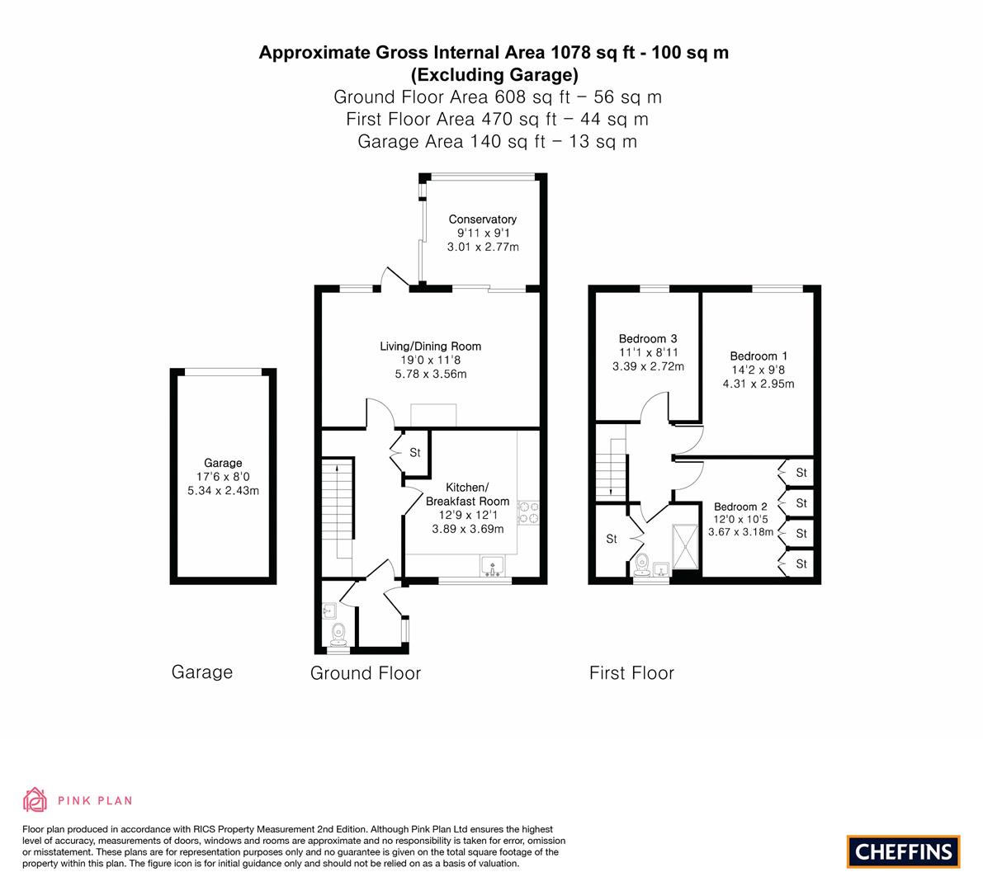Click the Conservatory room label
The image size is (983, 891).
click(482, 219)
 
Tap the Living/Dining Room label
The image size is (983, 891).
click(430, 346)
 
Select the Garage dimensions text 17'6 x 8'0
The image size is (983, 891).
click(223, 477)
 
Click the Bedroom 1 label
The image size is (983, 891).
click(758, 356)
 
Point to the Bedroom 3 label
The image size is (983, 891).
click(648, 338)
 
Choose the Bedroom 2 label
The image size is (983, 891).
click(740, 507)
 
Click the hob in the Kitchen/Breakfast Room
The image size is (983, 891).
click(527, 512)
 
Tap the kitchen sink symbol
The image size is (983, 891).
click(493, 566)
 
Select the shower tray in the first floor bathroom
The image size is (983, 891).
click(684, 546)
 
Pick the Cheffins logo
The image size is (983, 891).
click(904, 851)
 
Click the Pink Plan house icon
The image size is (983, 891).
click(35, 799)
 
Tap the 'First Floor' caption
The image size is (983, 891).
click(631, 673)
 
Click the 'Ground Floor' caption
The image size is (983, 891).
click(366, 673)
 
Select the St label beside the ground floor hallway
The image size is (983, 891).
click(415, 452)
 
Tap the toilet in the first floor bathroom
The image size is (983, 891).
click(641, 564)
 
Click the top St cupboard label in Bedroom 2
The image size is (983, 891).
click(801, 473)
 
